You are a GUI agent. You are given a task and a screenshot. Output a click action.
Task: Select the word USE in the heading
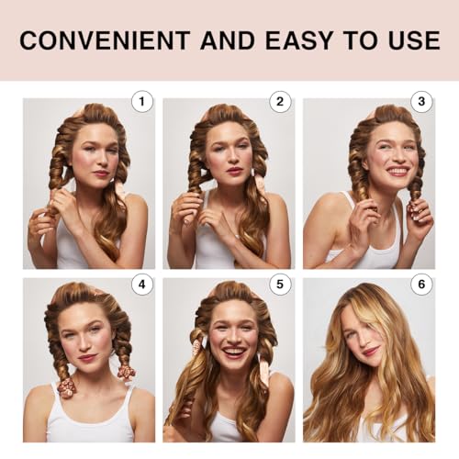tap(409, 41)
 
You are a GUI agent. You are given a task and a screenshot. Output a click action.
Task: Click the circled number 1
tap(141, 101)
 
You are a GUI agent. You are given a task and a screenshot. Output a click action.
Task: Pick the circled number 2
tap(281, 101)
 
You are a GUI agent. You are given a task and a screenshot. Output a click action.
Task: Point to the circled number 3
tap(421, 101)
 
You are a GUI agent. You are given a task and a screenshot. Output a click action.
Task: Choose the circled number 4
tap(141, 285)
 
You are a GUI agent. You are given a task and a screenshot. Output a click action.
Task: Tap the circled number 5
tap(281, 285)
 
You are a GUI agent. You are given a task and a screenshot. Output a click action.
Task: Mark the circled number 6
tap(421, 285)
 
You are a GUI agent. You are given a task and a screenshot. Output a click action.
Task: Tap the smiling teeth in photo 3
tap(397, 172)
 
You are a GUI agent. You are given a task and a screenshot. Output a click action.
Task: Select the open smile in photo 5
tap(234, 352)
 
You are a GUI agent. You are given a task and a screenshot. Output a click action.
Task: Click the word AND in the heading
tap(229, 41)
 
